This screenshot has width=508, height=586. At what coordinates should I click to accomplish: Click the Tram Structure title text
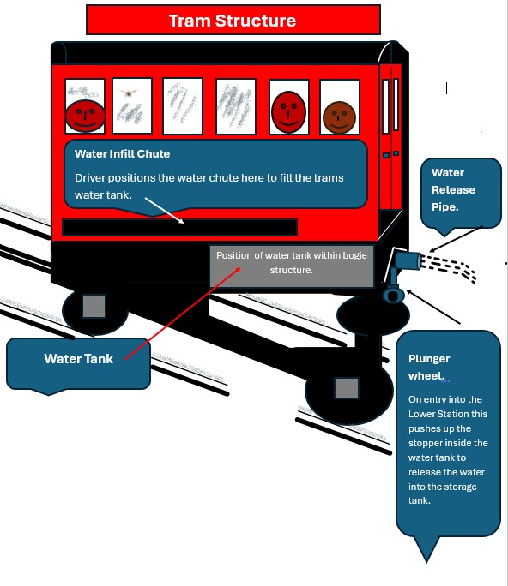click(233, 21)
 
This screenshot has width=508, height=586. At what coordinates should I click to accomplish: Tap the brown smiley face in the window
click(339, 117)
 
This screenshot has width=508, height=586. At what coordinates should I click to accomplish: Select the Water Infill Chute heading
click(122, 154)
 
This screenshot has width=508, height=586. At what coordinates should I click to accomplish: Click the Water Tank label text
click(79, 359)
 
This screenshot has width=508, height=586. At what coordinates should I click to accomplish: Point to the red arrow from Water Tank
click(182, 314)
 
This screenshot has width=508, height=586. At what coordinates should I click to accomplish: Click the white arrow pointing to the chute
click(165, 211)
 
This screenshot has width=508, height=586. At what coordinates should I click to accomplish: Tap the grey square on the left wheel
click(94, 306)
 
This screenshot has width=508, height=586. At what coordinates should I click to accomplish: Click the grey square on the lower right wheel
click(347, 388)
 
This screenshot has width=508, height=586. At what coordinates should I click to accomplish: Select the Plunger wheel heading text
click(429, 367)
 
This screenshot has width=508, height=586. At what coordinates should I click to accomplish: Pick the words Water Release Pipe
click(453, 190)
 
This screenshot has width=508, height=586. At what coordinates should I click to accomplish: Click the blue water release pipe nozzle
click(408, 260)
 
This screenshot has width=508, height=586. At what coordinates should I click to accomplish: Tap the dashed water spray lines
click(448, 267)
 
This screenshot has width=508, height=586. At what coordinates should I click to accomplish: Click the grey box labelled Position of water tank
click(292, 266)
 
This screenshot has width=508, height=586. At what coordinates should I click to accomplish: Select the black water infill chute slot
click(179, 228)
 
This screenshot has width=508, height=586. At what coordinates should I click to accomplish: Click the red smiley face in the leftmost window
click(85, 116)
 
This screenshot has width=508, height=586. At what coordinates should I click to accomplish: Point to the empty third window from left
click(183, 105)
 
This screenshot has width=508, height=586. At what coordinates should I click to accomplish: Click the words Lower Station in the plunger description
click(448, 414)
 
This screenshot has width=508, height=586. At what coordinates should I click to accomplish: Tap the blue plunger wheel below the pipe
click(393, 296)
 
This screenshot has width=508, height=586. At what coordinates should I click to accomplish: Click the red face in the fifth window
click(288, 111)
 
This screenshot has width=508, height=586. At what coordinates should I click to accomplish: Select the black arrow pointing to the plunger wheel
click(433, 307)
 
